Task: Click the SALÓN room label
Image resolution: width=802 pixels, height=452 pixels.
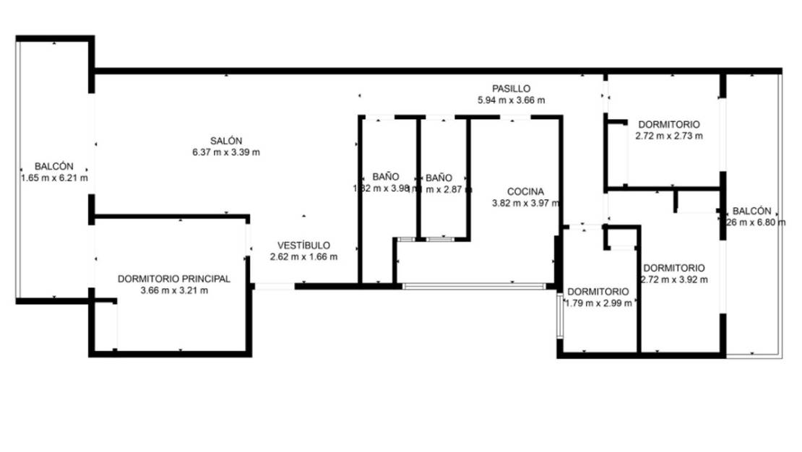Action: tap(226, 141)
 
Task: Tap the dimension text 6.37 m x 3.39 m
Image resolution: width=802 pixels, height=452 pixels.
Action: tap(226, 152)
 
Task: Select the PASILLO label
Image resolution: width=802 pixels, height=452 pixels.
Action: tap(512, 88)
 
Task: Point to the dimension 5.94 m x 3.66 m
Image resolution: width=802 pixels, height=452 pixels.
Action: tap(512, 100)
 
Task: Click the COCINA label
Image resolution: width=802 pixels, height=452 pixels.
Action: tap(525, 191)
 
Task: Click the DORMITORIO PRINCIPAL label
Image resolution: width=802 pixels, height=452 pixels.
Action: tap(173, 279)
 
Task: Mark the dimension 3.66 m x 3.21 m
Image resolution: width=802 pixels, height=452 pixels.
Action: tap(173, 291)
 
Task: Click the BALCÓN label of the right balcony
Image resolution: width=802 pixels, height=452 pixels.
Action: tap(751, 211)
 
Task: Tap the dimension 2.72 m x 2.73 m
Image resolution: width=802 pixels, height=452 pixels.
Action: tap(669, 135)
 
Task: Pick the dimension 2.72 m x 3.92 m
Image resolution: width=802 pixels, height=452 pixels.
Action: tap(673, 279)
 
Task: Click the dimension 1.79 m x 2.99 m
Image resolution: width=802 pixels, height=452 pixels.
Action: tap(597, 303)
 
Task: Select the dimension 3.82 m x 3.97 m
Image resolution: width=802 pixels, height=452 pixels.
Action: tap(525, 204)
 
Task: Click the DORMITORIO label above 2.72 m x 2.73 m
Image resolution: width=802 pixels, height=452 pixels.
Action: tap(669, 123)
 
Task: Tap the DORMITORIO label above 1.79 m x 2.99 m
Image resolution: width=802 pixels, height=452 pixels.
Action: tap(597, 292)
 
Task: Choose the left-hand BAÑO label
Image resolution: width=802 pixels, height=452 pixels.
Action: tap(386, 177)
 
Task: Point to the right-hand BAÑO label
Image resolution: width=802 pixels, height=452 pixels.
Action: tap(439, 177)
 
